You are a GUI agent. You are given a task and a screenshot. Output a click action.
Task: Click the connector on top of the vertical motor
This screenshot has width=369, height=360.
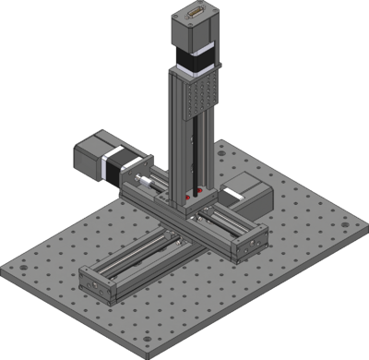click(x=196, y=12)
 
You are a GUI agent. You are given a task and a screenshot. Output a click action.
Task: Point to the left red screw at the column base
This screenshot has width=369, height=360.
click(x=187, y=197)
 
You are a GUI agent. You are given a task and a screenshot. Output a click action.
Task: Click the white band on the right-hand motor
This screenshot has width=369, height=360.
click(x=234, y=188)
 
